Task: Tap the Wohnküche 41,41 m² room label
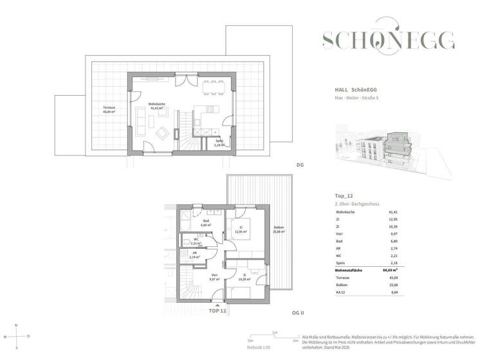(x=158, y=107)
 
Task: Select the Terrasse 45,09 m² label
(x=109, y=110)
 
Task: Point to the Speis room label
(x=219, y=144)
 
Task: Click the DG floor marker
(x=300, y=165)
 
